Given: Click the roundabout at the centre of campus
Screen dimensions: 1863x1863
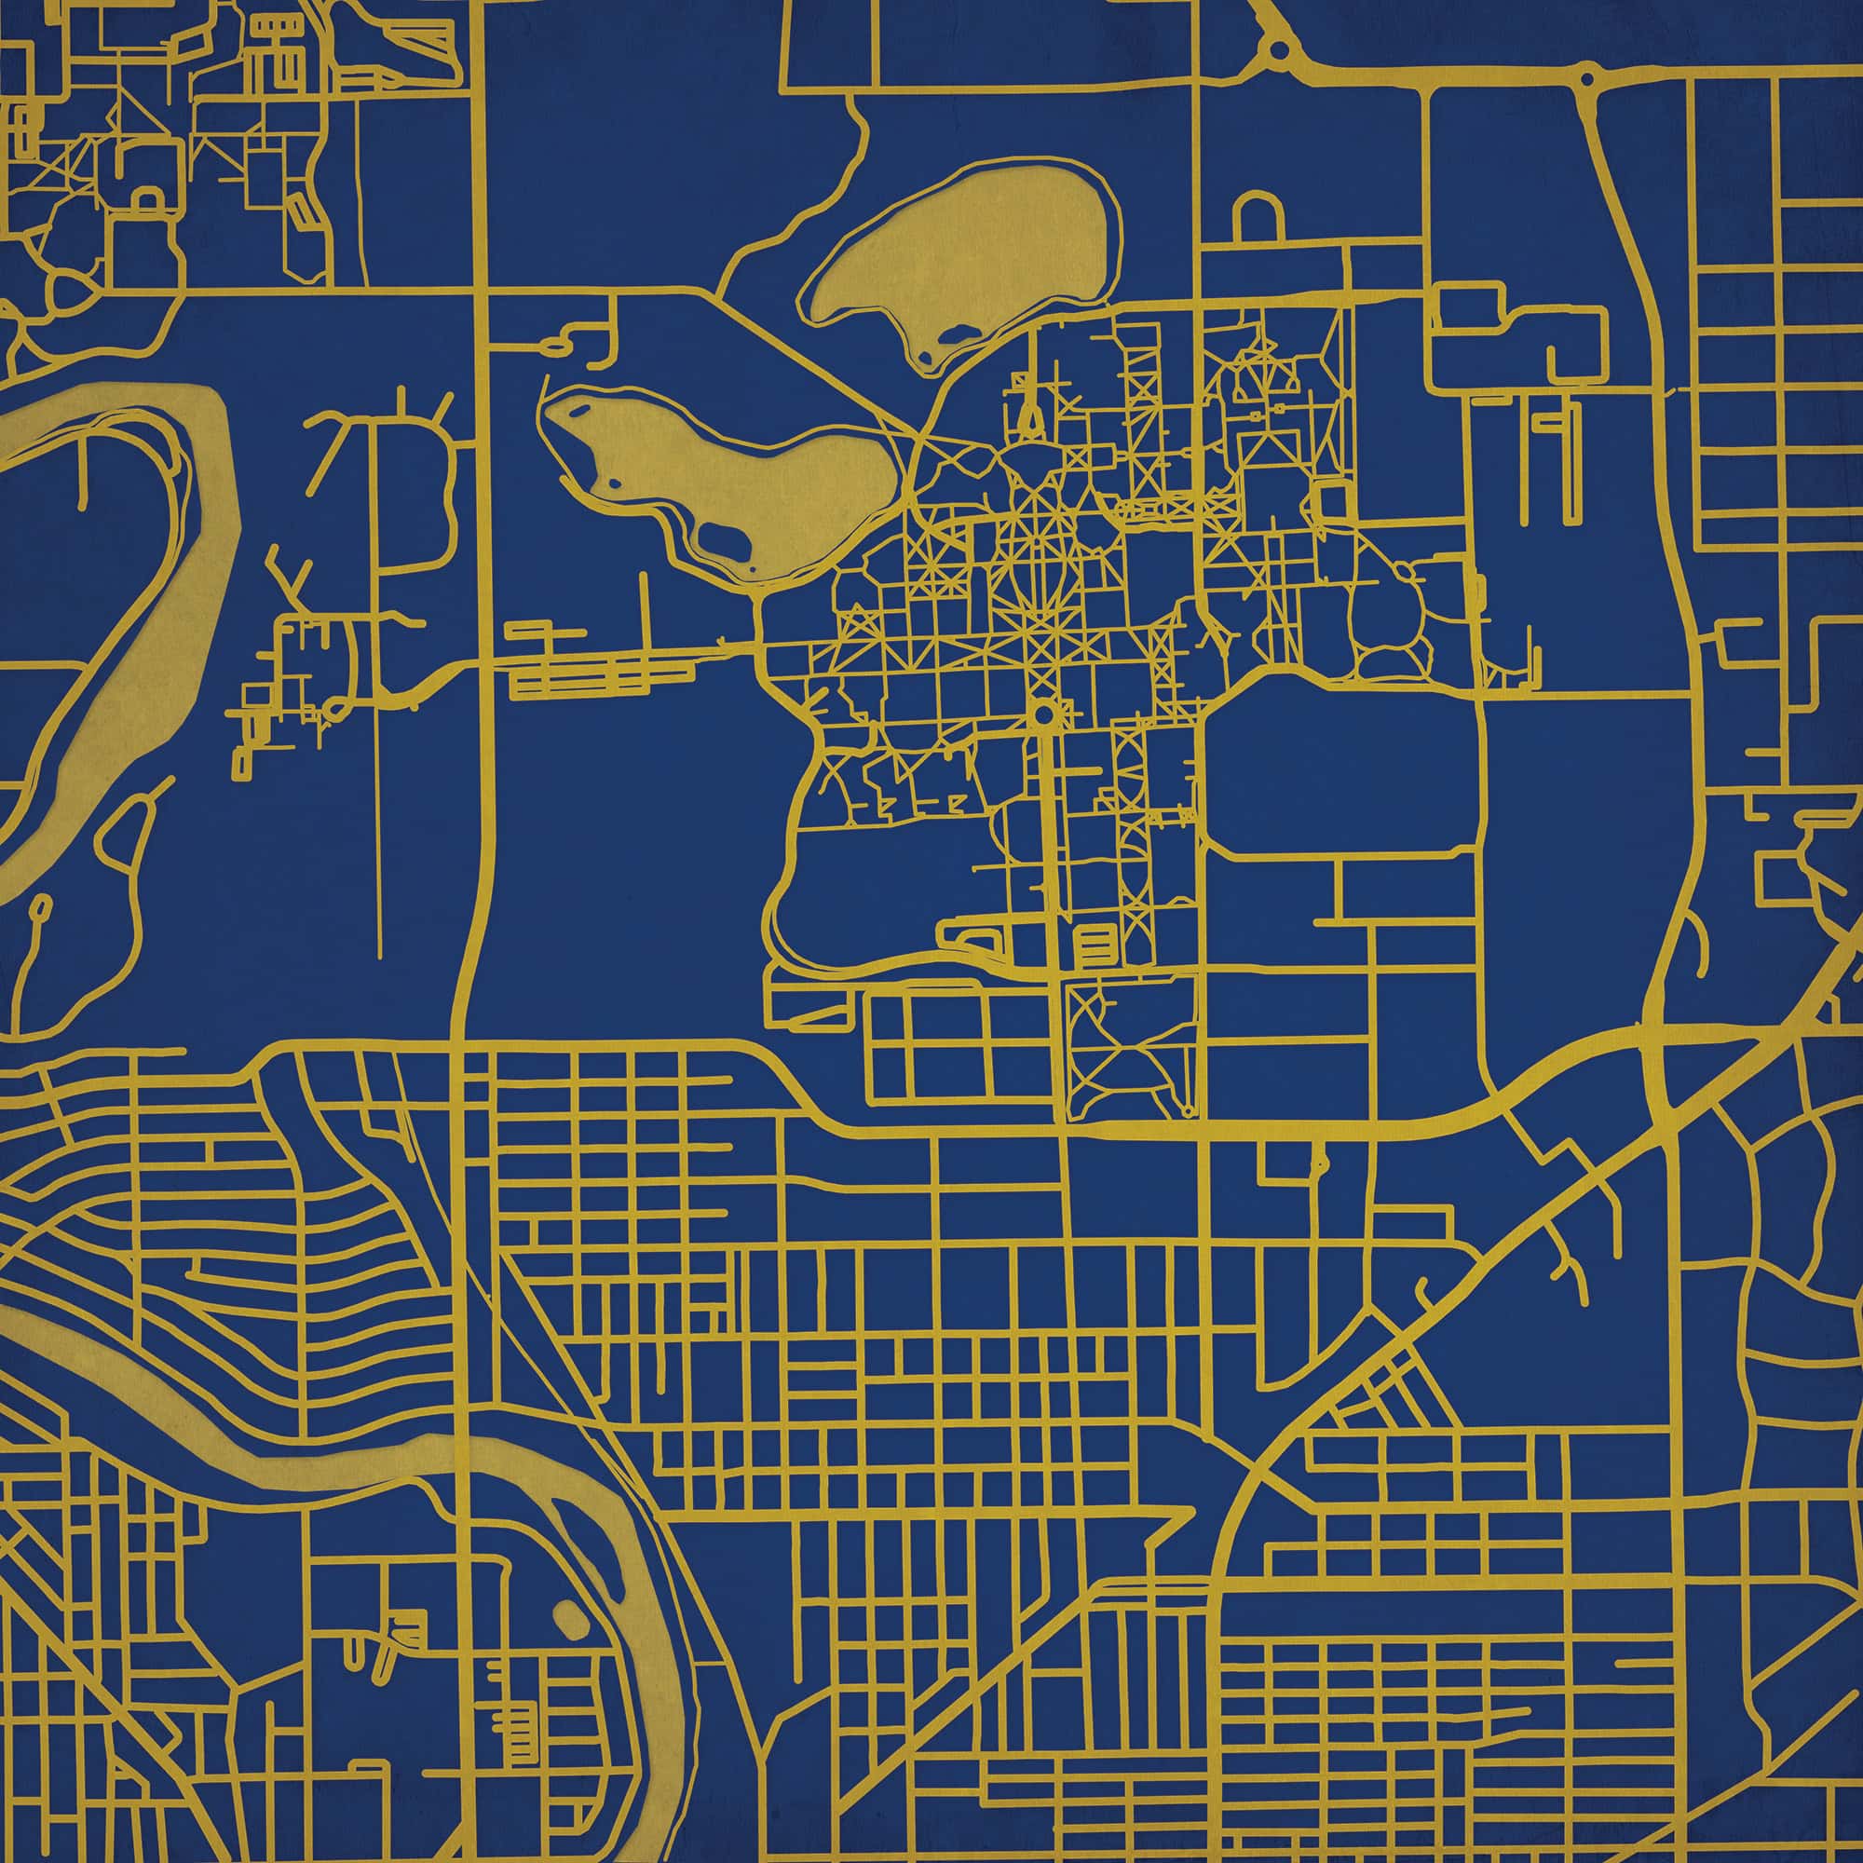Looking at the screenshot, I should (x=1043, y=715).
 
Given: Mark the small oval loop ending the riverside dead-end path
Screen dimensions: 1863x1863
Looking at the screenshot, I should (x=42, y=906).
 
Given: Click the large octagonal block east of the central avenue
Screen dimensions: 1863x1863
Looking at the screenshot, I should (x=1340, y=762).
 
